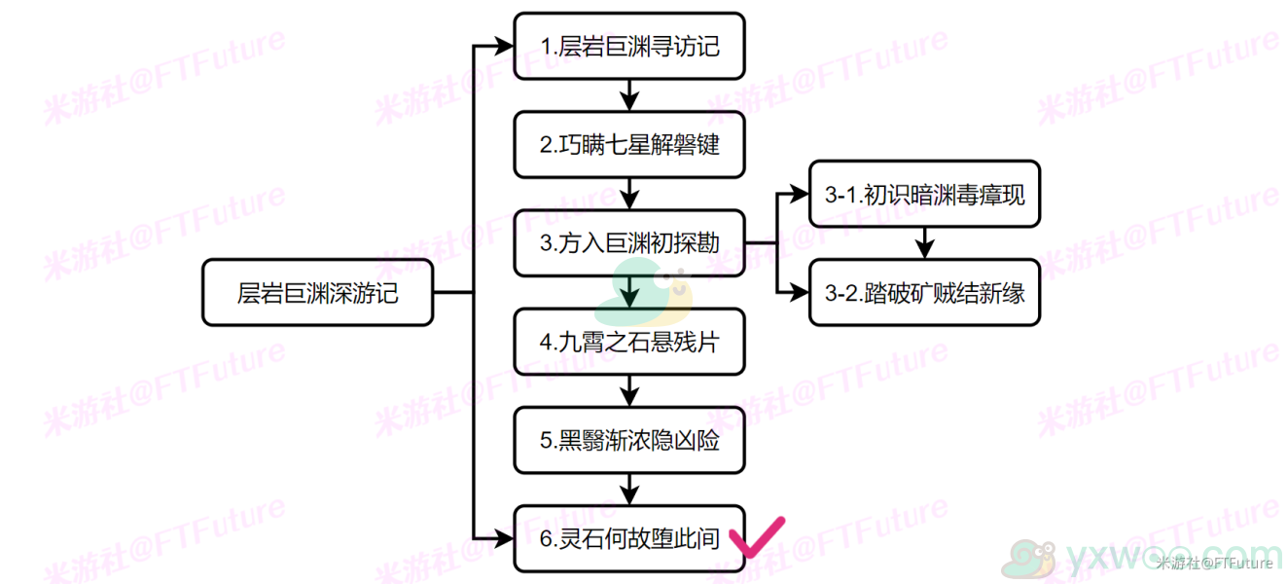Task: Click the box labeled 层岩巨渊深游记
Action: coord(318,293)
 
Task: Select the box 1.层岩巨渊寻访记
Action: coord(629,46)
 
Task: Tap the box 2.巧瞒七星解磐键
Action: coord(629,144)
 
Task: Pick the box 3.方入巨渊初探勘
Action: coord(629,243)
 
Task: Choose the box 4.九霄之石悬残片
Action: coord(629,342)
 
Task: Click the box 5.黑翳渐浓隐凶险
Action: coord(629,440)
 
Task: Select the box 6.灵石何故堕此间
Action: coord(629,538)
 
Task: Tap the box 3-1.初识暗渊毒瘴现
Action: coord(924,195)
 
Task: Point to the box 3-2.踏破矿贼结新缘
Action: coord(924,293)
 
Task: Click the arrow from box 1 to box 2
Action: coord(629,95)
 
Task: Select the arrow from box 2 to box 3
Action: coord(629,194)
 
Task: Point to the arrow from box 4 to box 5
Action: coord(629,391)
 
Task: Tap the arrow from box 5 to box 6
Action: coord(629,490)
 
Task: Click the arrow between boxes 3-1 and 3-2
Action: coord(924,243)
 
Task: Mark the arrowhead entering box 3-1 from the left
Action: coord(800,195)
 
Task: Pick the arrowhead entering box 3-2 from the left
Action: coord(800,293)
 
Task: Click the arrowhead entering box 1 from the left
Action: coord(505,46)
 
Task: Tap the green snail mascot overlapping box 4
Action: coord(644,292)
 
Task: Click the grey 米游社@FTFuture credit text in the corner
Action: coord(1214,564)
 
